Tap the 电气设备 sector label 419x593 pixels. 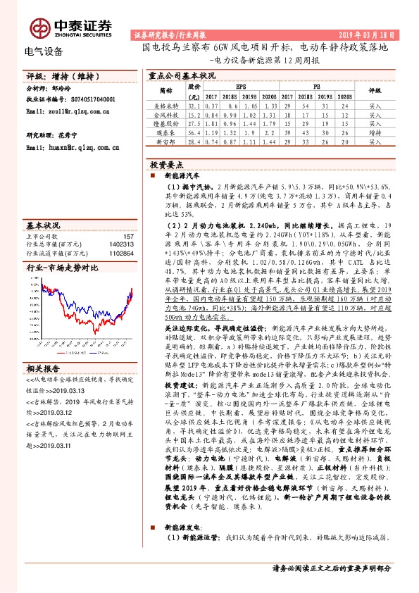(44, 51)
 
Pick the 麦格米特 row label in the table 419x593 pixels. (165, 104)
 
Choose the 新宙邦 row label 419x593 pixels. (165, 141)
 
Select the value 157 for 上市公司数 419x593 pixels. (127, 237)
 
